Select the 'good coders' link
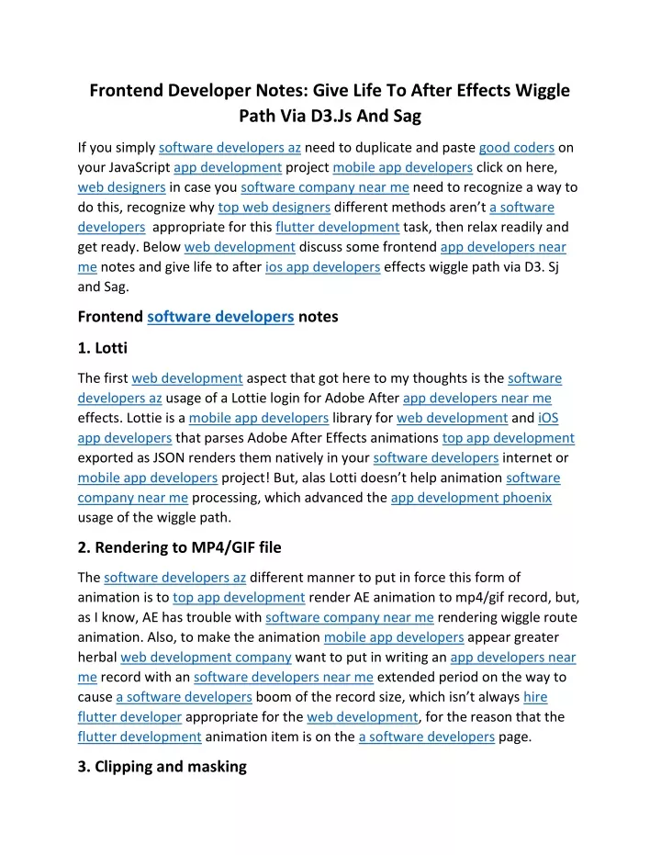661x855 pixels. [x=517, y=147]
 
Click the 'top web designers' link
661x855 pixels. [x=274, y=207]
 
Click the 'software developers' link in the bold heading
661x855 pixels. [x=220, y=317]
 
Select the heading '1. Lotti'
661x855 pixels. [x=102, y=349]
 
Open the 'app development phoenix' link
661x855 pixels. [x=471, y=497]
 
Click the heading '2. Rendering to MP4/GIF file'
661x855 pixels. [x=179, y=547]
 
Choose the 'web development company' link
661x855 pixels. [x=206, y=657]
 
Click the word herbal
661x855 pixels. [x=96, y=657]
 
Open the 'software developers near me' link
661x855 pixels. [x=284, y=677]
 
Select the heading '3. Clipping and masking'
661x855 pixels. [x=162, y=766]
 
